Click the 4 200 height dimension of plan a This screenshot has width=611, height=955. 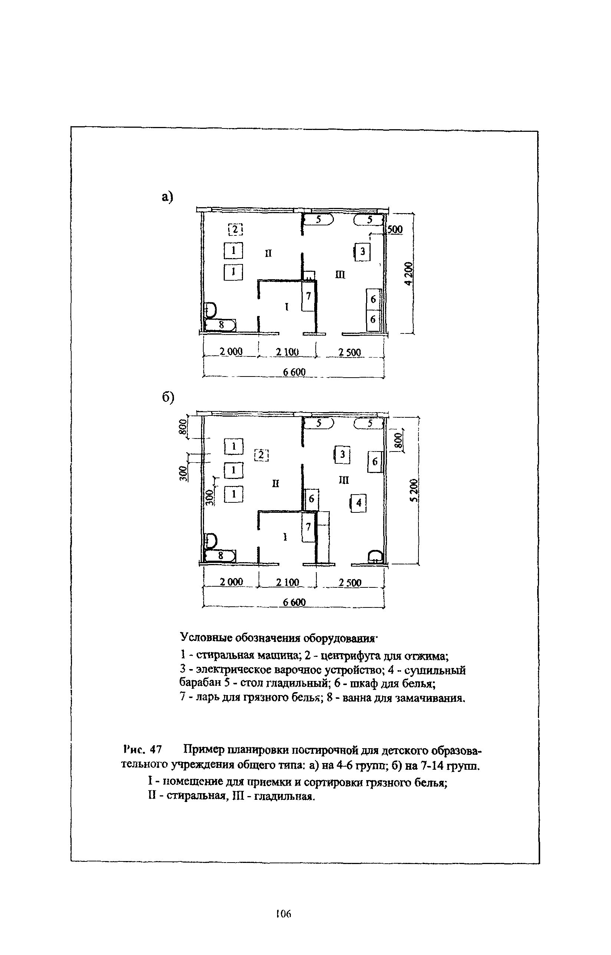(409, 274)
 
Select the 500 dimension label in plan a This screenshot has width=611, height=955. (395, 229)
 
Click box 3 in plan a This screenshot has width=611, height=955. (362, 251)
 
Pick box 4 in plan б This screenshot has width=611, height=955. (359, 503)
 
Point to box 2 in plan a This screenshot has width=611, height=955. (235, 229)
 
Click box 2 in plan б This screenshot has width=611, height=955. (262, 455)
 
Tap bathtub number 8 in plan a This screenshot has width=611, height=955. (221, 325)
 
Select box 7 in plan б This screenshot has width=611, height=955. (308, 527)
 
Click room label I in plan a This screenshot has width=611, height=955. (286, 307)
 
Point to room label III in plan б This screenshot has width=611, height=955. (344, 480)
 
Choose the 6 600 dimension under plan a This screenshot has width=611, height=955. (295, 372)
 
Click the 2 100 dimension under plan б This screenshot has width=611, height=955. (288, 583)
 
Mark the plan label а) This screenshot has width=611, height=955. (168, 197)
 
